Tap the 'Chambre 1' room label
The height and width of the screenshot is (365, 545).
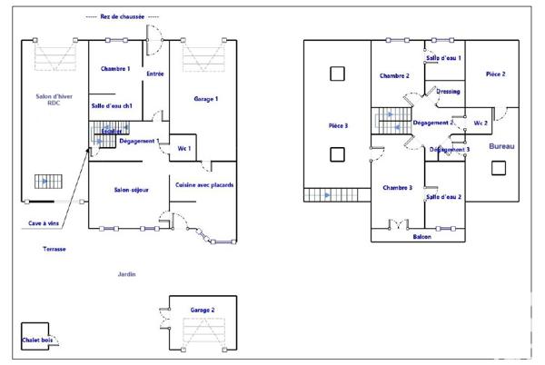(115, 70)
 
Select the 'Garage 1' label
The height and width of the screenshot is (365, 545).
(205, 98)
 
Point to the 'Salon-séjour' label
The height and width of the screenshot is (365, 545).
(131, 190)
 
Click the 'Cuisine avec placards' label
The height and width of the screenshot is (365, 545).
(204, 185)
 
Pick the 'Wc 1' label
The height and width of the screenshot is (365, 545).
(183, 148)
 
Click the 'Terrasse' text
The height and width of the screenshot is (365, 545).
(54, 248)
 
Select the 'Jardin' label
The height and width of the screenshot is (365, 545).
(126, 274)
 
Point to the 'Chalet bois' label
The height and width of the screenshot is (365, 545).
(37, 340)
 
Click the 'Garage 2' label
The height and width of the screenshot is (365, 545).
(203, 311)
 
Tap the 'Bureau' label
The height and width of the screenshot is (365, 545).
(501, 146)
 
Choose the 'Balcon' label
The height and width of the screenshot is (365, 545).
(422, 236)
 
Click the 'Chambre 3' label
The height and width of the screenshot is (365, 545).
(397, 187)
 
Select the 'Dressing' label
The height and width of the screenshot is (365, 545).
(448, 92)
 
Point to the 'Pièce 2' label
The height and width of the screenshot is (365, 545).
(496, 74)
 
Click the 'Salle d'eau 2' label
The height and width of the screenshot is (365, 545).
(444, 196)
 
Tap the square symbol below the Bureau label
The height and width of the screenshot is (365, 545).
(499, 168)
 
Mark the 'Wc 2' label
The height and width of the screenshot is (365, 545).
(481, 123)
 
